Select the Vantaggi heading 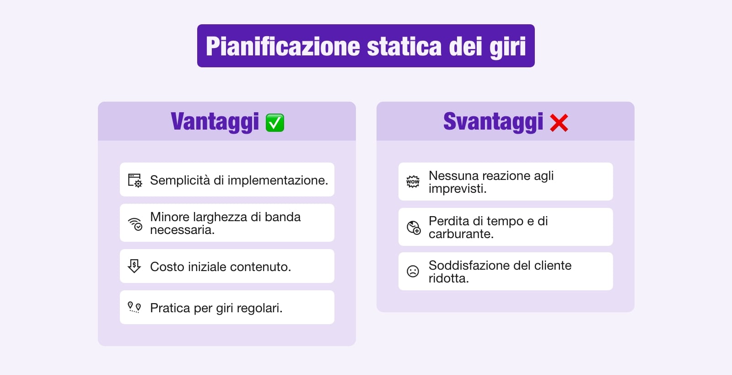[x=215, y=122]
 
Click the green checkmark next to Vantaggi [x=275, y=123]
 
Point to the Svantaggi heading [x=493, y=122]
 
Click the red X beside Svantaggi [x=559, y=123]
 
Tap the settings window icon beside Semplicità [x=135, y=180]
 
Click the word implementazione [x=277, y=180]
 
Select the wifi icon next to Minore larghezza [x=135, y=223]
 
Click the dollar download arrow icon [x=134, y=266]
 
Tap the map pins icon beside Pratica [x=134, y=307]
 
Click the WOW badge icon [x=413, y=182]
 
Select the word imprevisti [x=457, y=189]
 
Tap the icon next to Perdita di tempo [x=414, y=227]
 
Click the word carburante [x=461, y=234]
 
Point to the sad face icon [x=413, y=272]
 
